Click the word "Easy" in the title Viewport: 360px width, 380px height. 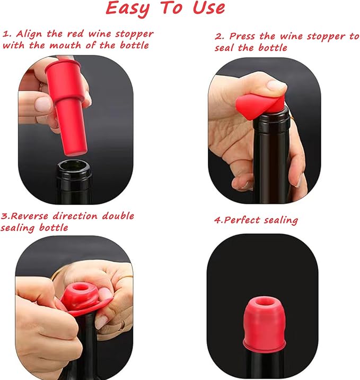tap(128, 8)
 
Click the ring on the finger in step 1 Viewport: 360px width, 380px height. tap(40, 85)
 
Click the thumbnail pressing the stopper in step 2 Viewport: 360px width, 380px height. tap(276, 84)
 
